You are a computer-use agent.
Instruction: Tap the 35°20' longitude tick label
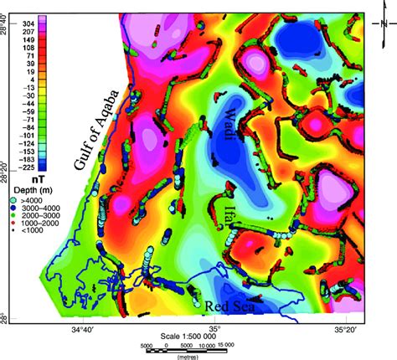[x=344, y=332]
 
